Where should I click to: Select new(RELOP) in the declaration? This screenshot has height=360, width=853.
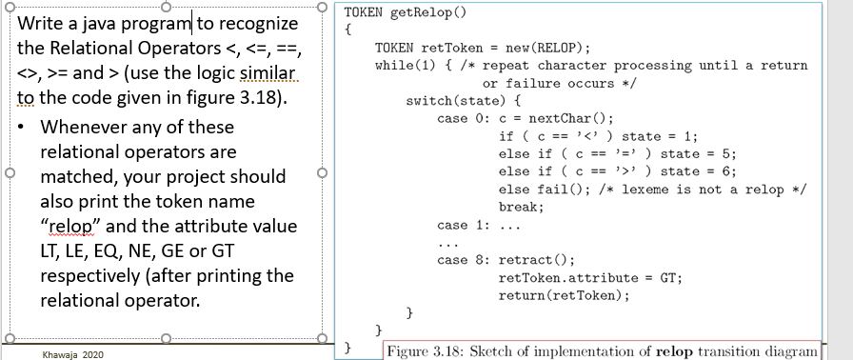[x=552, y=48]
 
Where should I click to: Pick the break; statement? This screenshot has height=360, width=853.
[x=520, y=207]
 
